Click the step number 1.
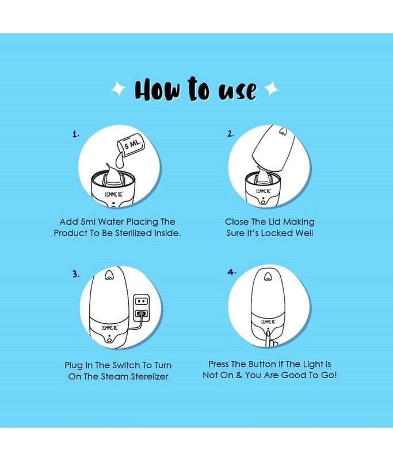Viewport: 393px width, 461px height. tap(76, 134)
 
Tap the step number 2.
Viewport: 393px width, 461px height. tap(230, 134)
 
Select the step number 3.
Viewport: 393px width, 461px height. tap(76, 274)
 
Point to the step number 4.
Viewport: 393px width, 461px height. tap(231, 272)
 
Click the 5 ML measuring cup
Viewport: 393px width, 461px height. tap(131, 146)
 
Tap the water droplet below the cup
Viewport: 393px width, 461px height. tap(120, 162)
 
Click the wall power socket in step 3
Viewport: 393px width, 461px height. tap(142, 308)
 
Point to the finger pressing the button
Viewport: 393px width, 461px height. tap(269, 339)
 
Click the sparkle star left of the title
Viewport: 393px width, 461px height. tap(119, 88)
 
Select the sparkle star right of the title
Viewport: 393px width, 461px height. tap(272, 88)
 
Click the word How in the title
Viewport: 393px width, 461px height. tap(157, 90)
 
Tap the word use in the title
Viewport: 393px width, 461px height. tap(238, 90)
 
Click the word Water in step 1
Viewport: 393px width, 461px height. tap(110, 222)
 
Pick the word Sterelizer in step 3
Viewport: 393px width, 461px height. tap(150, 377)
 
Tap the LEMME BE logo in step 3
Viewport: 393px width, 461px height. tap(109, 327)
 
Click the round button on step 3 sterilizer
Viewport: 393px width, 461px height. tap(109, 340)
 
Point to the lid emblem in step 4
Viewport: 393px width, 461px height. tap(268, 277)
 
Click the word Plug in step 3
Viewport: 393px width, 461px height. tap(74, 365)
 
